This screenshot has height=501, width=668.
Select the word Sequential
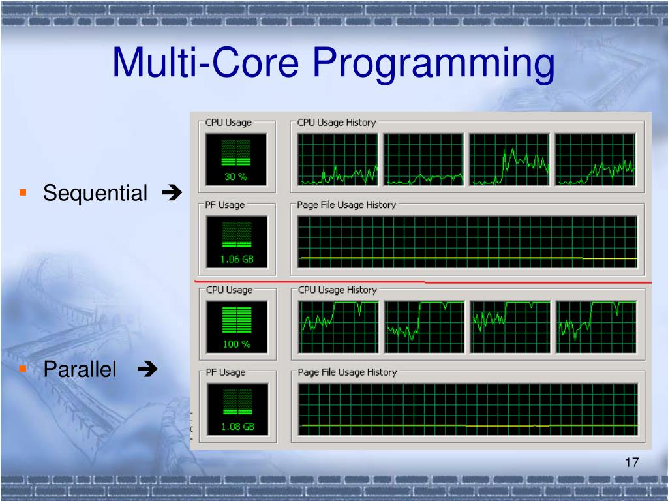click(95, 193)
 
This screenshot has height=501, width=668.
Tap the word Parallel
click(80, 369)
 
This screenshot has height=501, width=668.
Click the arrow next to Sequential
click(172, 192)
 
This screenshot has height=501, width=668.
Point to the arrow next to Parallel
click(147, 369)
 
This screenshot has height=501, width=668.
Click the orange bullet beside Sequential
click(23, 193)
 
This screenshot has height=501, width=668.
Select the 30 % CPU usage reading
click(235, 176)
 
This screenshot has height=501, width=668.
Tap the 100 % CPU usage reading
click(237, 344)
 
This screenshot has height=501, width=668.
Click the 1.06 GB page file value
click(237, 259)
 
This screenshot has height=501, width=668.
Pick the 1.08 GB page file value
click(237, 427)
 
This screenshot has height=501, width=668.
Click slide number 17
click(631, 463)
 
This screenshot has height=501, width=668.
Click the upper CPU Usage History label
click(337, 123)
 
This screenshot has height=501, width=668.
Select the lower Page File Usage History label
click(347, 372)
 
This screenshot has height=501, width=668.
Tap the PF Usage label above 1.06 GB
click(225, 205)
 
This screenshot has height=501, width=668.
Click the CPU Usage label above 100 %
click(229, 290)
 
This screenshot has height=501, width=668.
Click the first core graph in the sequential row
click(337, 159)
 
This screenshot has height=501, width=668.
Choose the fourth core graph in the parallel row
click(596, 327)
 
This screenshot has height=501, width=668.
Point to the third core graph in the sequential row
click(509, 159)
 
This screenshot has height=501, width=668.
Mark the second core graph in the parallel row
click(424, 327)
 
